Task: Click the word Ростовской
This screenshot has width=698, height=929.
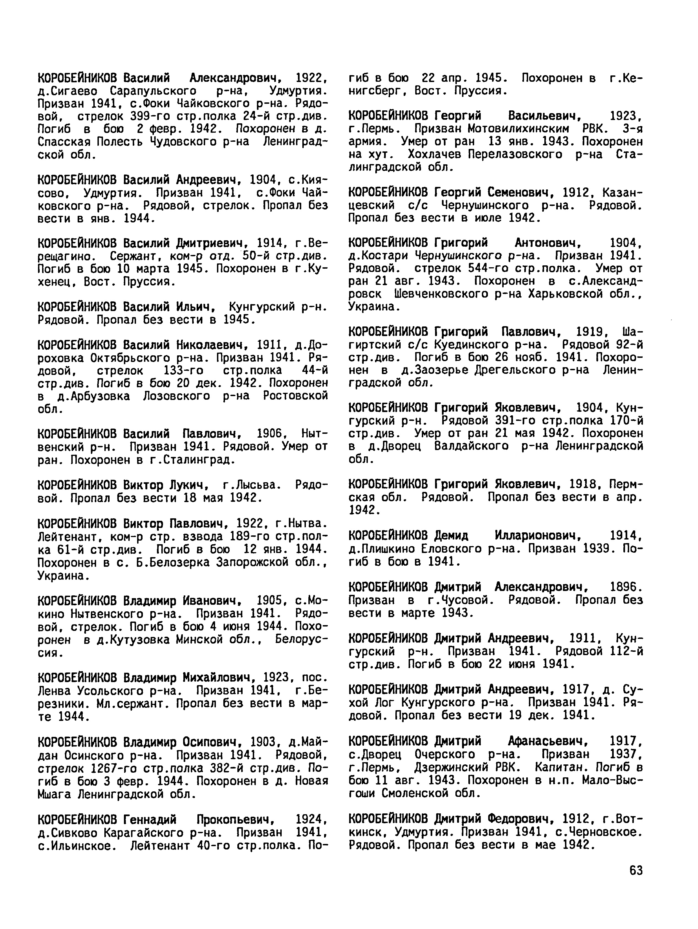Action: [x=295, y=396]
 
